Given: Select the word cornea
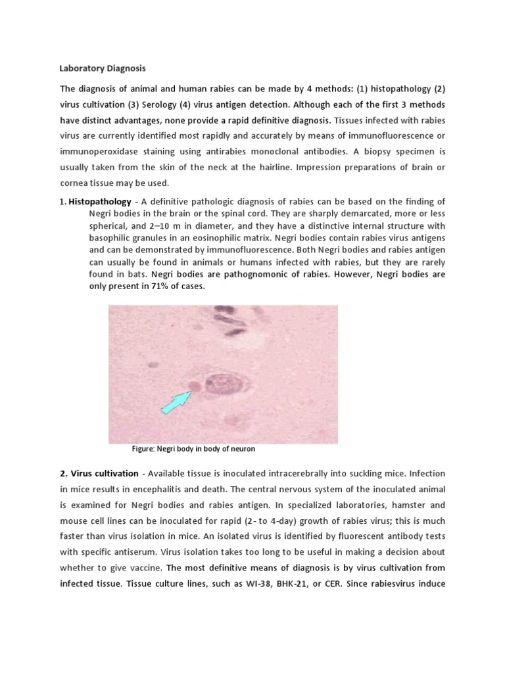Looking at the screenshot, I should pos(74,183).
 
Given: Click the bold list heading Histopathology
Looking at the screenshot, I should pos(99,201).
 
